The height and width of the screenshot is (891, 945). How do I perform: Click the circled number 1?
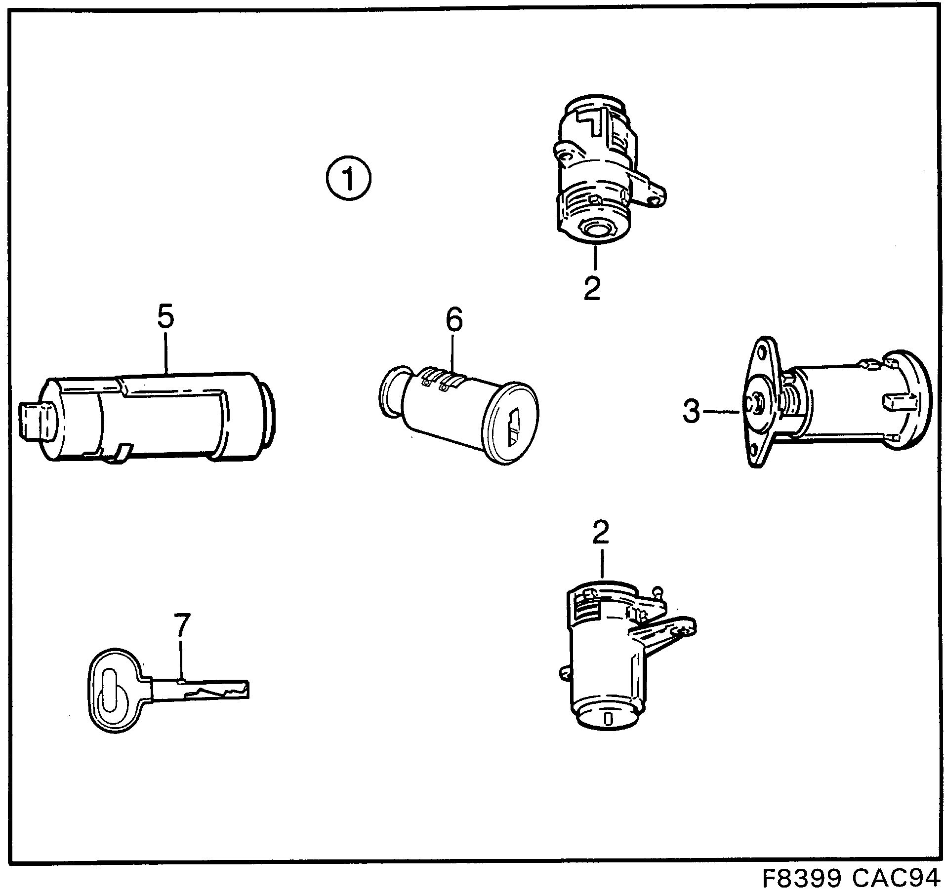pyautogui.click(x=348, y=179)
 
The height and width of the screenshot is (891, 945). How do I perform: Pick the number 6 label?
pyautogui.click(x=454, y=319)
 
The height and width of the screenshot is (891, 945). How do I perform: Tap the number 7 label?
pyautogui.click(x=181, y=626)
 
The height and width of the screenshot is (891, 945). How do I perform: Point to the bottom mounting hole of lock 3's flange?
pyautogui.click(x=754, y=448)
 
